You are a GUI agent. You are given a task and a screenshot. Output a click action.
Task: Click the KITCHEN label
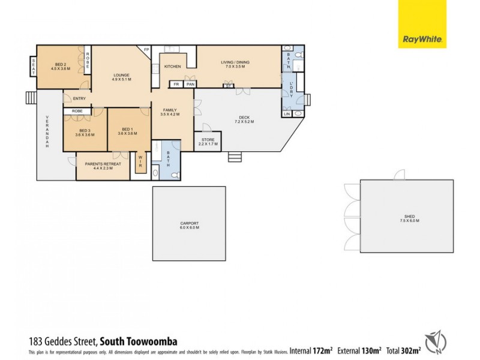coord(173,67)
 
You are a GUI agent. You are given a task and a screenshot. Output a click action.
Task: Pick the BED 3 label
coord(84,133)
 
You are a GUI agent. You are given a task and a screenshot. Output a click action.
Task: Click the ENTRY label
coord(79,99)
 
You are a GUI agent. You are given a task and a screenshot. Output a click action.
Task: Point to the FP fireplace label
coord(146,50)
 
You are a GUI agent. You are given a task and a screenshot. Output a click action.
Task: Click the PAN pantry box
coord(190,85)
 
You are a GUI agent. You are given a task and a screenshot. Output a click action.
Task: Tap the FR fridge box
coord(176,85)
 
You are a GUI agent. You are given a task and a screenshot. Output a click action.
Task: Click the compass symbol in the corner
coord(437,340)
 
